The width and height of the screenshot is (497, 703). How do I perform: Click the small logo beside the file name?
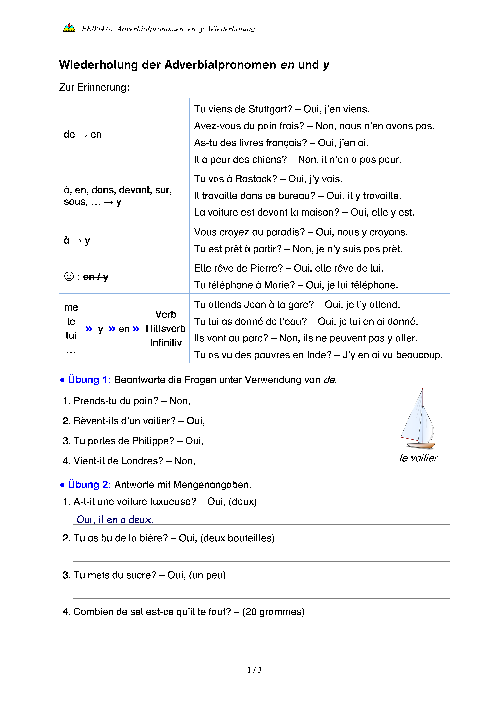point(69,28)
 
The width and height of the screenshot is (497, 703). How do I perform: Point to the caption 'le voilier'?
point(418,458)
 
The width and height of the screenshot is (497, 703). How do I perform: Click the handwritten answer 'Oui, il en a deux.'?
point(115,520)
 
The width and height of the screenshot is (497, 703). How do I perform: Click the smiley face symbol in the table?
point(69,276)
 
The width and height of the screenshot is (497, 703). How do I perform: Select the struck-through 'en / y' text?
point(95,277)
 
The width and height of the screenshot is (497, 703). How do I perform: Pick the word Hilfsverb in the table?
point(166,329)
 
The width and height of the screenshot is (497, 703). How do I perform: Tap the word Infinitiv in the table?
point(166,343)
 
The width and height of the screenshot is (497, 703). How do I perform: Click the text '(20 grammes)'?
point(273,612)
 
